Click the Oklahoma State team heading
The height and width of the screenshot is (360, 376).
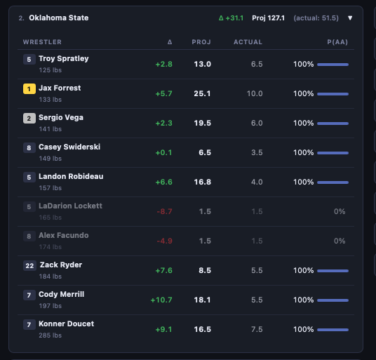(58, 18)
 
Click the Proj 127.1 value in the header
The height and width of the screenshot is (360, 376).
(269, 18)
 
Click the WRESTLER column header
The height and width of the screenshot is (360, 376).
(42, 42)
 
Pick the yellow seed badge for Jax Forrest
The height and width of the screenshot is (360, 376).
(29, 89)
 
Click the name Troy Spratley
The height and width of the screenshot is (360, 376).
(64, 59)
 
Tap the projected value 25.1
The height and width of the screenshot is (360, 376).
(202, 93)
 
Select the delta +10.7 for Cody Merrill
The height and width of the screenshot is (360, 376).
(161, 300)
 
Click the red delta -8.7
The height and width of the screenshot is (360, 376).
(164, 211)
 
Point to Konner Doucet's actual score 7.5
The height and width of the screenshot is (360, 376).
(257, 329)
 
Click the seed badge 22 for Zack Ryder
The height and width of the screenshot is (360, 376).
(29, 266)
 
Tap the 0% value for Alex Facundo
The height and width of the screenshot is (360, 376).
(340, 241)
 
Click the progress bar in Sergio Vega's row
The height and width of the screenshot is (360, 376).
(333, 123)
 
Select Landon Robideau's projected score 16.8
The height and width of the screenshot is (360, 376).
(202, 182)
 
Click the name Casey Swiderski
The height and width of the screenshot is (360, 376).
(69, 147)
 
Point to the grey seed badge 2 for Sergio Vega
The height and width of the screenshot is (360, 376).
(29, 119)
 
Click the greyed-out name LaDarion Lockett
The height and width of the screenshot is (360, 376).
(70, 206)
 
